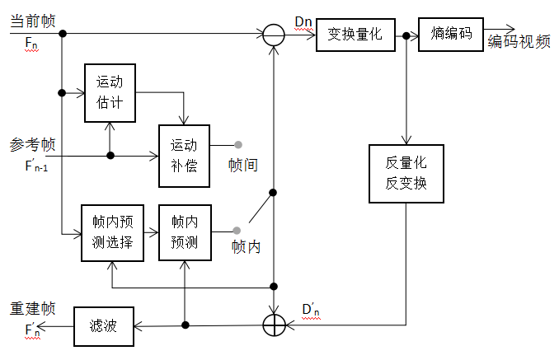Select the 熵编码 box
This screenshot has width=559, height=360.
[x=451, y=34]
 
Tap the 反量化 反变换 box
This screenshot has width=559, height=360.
[x=406, y=173]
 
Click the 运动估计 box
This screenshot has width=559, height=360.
[x=110, y=93]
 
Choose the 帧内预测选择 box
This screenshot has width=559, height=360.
[x=112, y=233]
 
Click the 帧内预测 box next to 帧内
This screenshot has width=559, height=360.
[x=184, y=233]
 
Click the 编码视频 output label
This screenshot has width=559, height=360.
[x=519, y=43]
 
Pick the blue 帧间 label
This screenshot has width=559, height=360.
[x=243, y=165]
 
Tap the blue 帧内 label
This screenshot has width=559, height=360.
[x=246, y=246]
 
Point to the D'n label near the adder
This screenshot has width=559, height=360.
[x=312, y=310]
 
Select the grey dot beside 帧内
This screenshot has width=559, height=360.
[x=237, y=230]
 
